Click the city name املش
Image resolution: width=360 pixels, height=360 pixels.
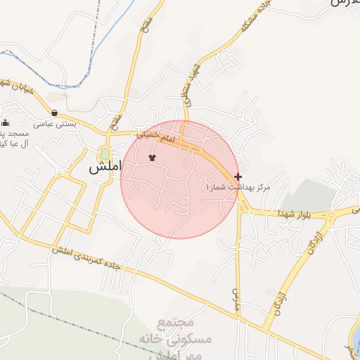105,169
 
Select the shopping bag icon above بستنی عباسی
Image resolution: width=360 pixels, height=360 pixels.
54,112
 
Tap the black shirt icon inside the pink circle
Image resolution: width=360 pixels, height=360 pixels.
153,158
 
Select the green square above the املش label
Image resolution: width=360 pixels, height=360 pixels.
105,153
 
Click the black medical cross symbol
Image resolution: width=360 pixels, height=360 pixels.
238,176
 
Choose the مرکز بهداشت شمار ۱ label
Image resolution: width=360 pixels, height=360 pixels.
238,188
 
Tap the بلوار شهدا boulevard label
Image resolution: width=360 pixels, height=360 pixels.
291,212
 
